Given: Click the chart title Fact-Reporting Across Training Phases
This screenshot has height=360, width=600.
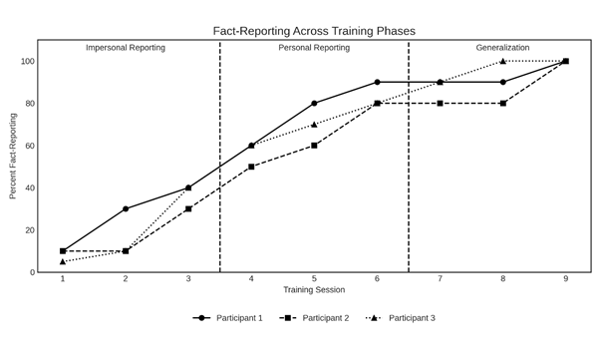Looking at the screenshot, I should click(x=314, y=31).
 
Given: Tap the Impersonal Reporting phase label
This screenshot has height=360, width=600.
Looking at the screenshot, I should click(x=126, y=48).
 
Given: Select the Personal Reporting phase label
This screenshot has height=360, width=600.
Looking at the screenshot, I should click(x=314, y=48).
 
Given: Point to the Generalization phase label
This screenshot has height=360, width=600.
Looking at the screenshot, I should click(x=502, y=48).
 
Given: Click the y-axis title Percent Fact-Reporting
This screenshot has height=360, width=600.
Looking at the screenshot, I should click(x=13, y=156).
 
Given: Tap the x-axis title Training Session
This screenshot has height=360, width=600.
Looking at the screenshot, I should click(x=314, y=290).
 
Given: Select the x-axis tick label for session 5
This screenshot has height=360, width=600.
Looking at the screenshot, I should click(x=314, y=279).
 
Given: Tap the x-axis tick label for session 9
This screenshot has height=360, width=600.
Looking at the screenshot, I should click(x=566, y=279).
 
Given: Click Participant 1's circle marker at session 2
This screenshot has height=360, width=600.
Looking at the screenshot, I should click(x=126, y=208).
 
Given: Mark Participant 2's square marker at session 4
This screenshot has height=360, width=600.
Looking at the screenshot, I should click(x=251, y=167).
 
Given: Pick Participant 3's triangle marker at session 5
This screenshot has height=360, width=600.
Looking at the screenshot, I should click(x=314, y=125).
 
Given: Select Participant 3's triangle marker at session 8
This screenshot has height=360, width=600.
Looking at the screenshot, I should click(x=503, y=61).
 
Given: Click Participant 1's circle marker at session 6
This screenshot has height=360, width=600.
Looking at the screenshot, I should click(x=377, y=82).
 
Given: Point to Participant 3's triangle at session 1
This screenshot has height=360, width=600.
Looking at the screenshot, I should click(x=63, y=261).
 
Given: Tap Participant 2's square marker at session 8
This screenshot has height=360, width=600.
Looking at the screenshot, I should click(x=503, y=104).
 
